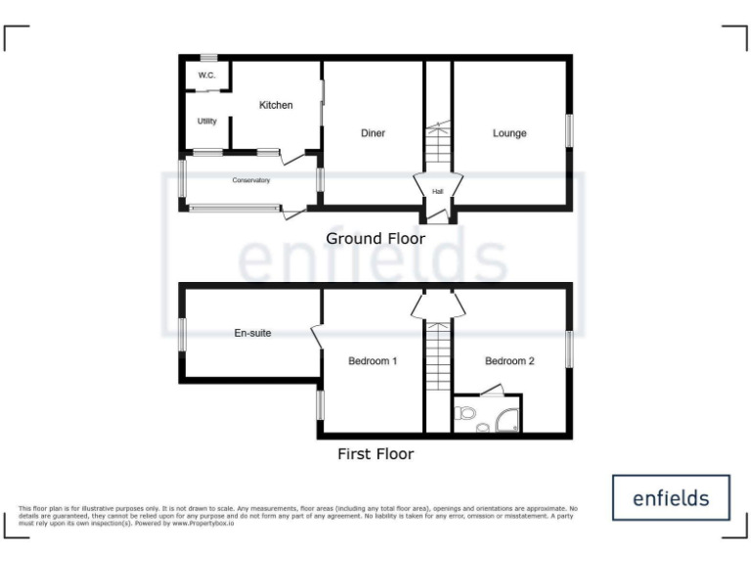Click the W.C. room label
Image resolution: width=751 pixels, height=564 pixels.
click(206, 75)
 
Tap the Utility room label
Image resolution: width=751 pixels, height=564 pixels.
click(206, 121)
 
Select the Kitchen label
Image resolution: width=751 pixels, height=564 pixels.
click(275, 105)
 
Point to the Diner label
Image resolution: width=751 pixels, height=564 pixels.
click(373, 133)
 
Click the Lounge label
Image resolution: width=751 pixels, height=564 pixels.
click(509, 133)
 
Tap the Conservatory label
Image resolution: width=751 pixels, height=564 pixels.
click(250, 180)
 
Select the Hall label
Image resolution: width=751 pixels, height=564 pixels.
click(437, 191)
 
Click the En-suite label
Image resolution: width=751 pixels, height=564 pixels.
click(252, 333)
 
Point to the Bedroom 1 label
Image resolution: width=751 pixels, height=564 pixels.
click(373, 361)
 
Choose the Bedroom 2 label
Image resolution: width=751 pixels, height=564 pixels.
click(509, 361)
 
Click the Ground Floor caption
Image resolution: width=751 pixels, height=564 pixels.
click(375, 238)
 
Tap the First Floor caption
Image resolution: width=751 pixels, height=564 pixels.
click(375, 454)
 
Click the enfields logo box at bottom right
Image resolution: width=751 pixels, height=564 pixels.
click(671, 497)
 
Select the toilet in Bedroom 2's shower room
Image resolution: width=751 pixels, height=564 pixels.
click(466, 414)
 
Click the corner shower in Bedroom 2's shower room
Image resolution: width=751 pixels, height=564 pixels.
click(506, 418)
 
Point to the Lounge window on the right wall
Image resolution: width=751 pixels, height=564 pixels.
click(569, 131)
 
